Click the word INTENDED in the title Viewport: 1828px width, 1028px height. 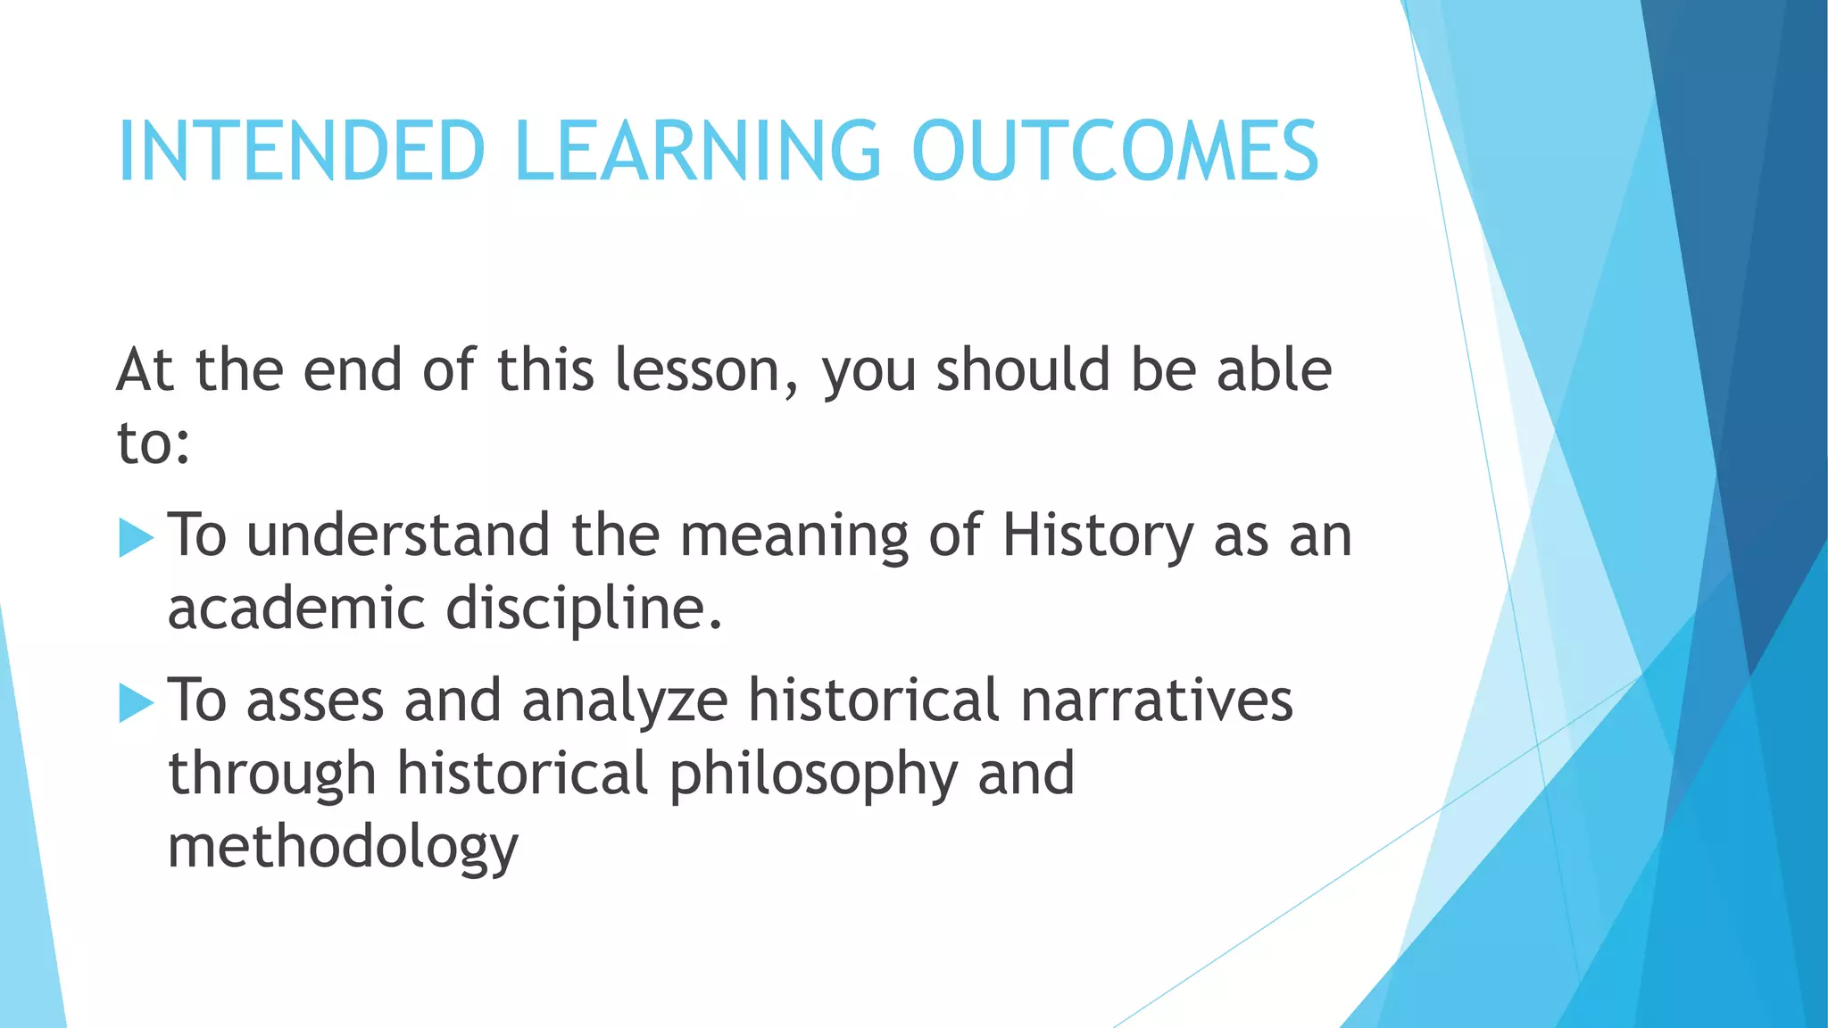click(302, 151)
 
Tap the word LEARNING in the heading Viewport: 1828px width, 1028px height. click(698, 151)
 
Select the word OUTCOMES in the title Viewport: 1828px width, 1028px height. click(1115, 151)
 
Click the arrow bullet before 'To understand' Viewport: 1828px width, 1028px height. click(136, 538)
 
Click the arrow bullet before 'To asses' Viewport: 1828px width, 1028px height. click(136, 703)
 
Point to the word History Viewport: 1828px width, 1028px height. click(1097, 536)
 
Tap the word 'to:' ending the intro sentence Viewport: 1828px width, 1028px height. click(153, 444)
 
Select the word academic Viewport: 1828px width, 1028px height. click(296, 609)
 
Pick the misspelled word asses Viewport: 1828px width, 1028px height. click(315, 701)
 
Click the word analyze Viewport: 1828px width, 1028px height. click(625, 701)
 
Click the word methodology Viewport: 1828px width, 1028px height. click(343, 848)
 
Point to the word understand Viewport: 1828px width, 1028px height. click(398, 536)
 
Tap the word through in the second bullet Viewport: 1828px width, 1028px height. click(271, 775)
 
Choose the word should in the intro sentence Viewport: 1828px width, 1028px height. click(1022, 370)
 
